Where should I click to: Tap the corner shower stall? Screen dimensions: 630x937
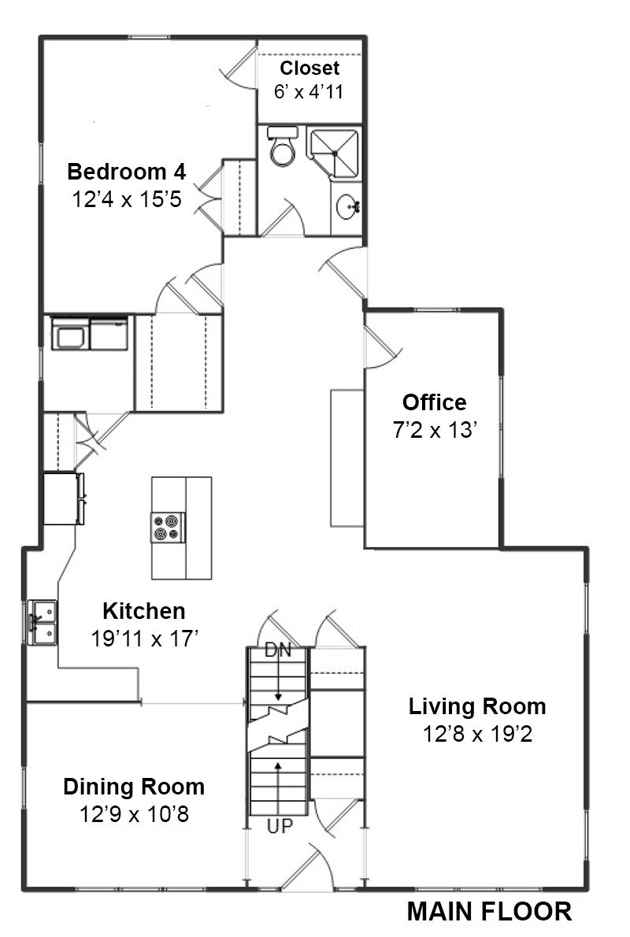pos(334,153)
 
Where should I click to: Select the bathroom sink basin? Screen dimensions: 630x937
pos(346,208)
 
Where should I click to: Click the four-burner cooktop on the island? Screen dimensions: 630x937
pos(168,527)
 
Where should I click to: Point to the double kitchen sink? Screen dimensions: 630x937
pos(43,623)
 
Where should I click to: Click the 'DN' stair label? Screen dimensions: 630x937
pos(278,650)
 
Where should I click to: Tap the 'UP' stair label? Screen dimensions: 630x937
pos(280,827)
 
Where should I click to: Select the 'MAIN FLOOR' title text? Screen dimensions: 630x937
pos(489,912)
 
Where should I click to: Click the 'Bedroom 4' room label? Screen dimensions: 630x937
pos(127,172)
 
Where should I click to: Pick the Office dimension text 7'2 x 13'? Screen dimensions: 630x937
pos(435,430)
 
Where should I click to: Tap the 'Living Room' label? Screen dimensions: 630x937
pos(477,706)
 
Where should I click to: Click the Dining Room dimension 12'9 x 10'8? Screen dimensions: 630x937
pos(135,814)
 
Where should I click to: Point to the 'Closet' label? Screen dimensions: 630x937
pos(309,69)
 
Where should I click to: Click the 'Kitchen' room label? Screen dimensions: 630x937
pos(144,611)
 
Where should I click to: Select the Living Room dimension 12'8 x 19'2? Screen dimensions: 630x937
pos(477,734)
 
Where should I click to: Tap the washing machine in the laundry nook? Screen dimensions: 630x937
pos(71,333)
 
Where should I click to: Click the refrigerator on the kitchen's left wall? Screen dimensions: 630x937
pos(63,499)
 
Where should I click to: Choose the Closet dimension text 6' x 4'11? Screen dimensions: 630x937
pos(309,92)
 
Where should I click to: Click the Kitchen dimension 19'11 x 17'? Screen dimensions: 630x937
pos(144,639)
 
